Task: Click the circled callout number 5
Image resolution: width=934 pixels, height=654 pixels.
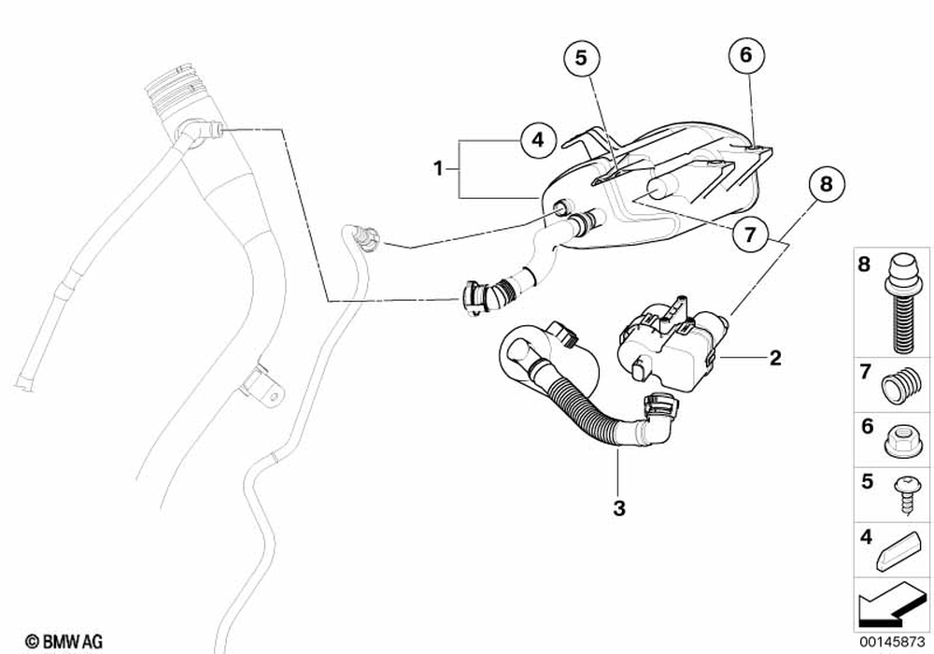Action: [x=581, y=58]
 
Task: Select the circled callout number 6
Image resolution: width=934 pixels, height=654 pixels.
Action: [x=745, y=55]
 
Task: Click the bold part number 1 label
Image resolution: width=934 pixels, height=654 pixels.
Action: [x=436, y=169]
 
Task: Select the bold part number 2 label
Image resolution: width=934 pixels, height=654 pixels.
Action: [x=774, y=357]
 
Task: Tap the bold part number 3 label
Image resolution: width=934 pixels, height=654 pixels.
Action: [x=618, y=508]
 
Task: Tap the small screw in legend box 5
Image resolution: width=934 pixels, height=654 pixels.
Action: [x=900, y=489]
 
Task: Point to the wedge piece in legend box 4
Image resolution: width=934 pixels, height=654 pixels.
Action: [x=899, y=553]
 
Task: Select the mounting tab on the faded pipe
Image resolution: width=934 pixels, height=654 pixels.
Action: [x=263, y=389]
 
